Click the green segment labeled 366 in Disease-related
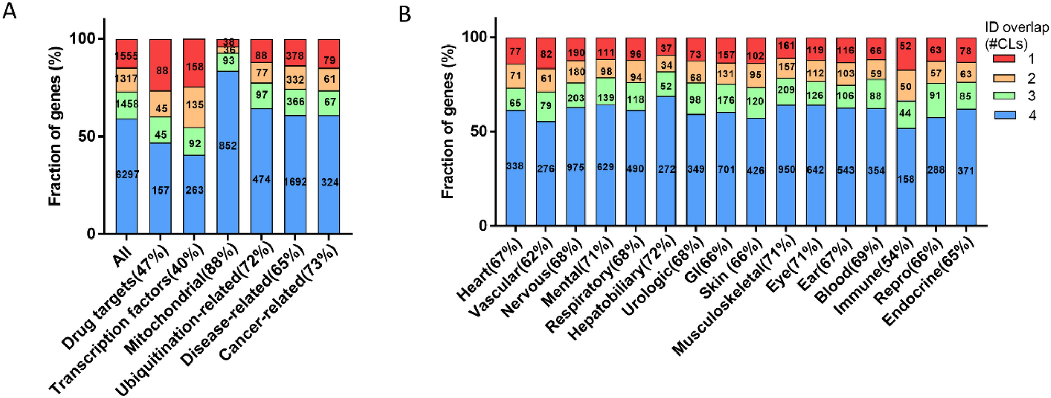(295, 101)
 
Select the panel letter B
(404, 14)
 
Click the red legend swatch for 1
(1004, 59)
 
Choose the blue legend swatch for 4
(1004, 115)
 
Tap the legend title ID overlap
(1016, 27)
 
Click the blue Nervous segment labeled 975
(576, 167)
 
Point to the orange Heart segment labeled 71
(515, 76)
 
